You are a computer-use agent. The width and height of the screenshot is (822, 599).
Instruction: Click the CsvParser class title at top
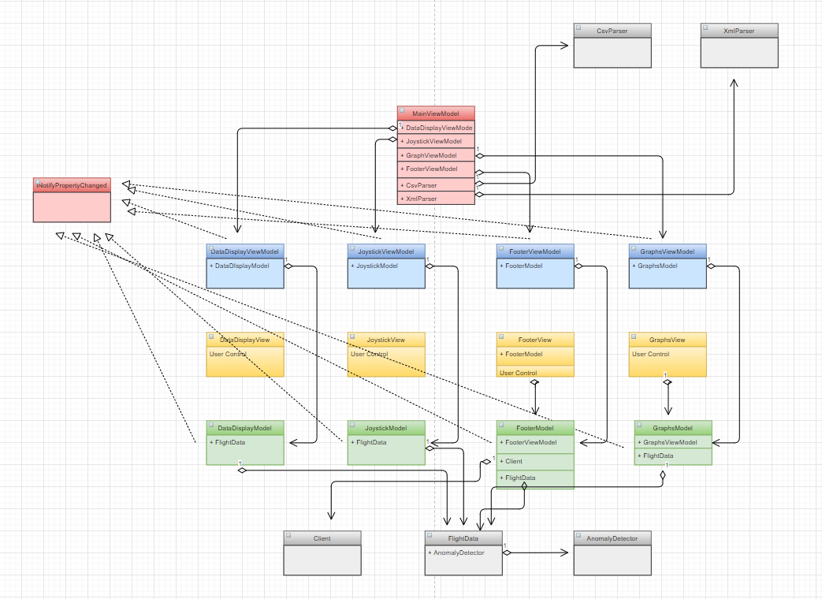tap(612, 30)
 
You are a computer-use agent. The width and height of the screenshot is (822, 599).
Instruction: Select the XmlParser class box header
tap(738, 30)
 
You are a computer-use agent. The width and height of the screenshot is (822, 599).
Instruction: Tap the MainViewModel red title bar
tap(436, 113)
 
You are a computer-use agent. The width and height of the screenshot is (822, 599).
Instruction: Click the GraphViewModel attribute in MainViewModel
tap(431, 155)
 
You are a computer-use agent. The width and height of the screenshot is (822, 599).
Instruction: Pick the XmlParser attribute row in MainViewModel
tap(422, 199)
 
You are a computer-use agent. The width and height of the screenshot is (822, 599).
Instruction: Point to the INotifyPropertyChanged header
tap(72, 185)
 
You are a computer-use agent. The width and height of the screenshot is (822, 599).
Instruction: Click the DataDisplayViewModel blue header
tap(244, 251)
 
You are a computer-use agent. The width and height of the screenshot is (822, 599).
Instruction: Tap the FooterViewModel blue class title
tap(534, 251)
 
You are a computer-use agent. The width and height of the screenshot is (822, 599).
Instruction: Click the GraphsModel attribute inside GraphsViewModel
tap(657, 266)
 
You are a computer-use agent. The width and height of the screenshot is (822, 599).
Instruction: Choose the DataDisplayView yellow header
tap(244, 340)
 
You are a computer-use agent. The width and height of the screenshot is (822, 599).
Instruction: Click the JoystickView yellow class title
tap(385, 340)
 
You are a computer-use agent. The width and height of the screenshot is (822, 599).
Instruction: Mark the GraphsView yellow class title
tap(667, 340)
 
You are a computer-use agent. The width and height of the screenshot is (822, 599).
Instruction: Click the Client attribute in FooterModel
tap(514, 461)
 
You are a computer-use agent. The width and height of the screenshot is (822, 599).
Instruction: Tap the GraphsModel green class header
tap(672, 428)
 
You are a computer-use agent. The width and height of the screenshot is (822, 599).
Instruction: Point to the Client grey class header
tap(322, 538)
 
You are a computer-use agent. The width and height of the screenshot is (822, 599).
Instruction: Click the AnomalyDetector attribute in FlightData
tap(457, 552)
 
